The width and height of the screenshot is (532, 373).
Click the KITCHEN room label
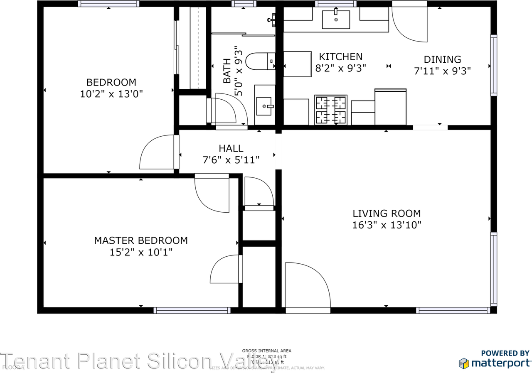(x=340, y=56)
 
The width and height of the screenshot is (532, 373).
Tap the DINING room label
(x=442, y=59)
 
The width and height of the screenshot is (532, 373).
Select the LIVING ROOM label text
(x=387, y=213)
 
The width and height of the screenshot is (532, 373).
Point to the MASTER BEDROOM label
(x=140, y=240)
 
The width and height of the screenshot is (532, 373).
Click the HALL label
(x=231, y=148)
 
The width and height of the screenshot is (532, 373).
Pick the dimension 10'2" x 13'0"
(x=111, y=94)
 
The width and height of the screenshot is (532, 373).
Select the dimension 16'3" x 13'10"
(x=387, y=225)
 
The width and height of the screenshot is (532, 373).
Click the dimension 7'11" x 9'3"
(x=442, y=71)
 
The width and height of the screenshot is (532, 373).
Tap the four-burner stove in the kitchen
(x=331, y=110)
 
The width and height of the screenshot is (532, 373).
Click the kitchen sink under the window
(x=336, y=20)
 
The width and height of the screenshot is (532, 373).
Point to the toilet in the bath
(x=260, y=61)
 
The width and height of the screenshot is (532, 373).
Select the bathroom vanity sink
(x=264, y=105)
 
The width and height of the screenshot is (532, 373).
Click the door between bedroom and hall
(x=158, y=153)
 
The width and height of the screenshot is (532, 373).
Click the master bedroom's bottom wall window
(x=192, y=310)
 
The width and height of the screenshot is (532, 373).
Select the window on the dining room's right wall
(x=493, y=65)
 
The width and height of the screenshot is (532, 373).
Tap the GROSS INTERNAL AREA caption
(x=266, y=351)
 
